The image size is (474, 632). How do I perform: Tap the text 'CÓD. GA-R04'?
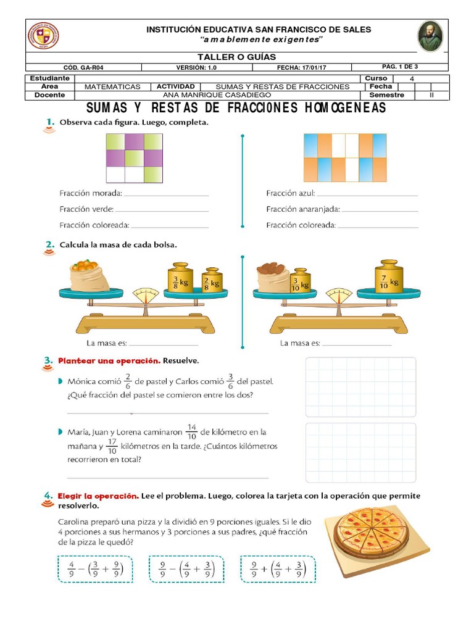[84, 67]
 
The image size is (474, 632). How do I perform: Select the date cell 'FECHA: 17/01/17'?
[301, 67]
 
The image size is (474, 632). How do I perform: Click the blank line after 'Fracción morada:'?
[167, 194]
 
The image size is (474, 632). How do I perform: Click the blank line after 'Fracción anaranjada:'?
[379, 210]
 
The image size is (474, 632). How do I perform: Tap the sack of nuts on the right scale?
[273, 277]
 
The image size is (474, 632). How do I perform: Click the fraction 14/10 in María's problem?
[191, 432]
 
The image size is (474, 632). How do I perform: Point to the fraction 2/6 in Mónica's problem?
[128, 381]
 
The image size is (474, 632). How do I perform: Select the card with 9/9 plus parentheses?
[278, 568]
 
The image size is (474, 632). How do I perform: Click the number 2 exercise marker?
[49, 246]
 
